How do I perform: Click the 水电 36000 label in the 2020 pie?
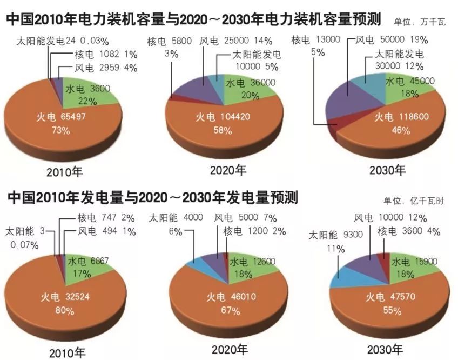[251, 83]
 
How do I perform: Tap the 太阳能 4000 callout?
[176, 218]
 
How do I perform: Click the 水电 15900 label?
[415, 262]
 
